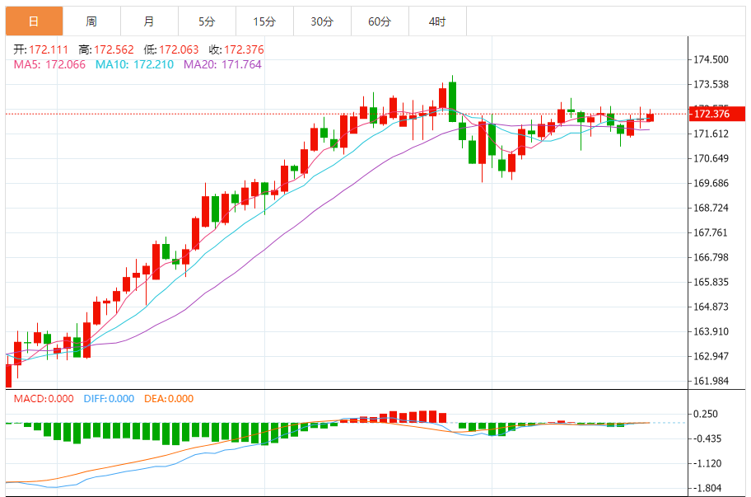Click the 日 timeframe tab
33,21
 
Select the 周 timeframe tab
91,21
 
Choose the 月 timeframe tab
148,21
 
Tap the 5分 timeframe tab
206,21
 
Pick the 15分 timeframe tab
264,21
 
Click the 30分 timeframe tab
322,21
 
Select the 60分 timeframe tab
380,21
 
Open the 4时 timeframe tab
437,21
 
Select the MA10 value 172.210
151,63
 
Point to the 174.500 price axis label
711,59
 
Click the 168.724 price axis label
711,208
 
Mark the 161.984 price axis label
711,381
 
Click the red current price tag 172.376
713,114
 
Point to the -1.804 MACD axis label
708,488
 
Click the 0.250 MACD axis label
707,415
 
